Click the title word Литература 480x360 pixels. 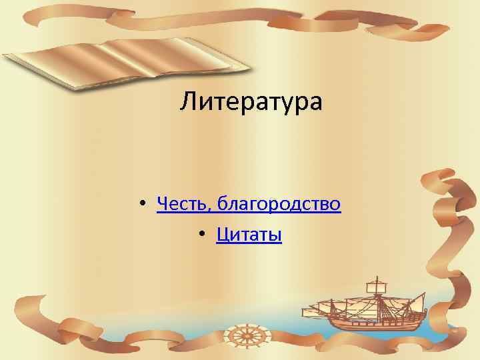click(x=251, y=102)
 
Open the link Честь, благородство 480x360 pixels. click(x=249, y=203)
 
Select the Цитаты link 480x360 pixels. click(x=249, y=235)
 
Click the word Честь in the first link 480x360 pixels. click(x=181, y=203)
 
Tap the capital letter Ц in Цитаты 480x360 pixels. click(x=221, y=235)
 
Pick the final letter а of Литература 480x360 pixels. click(x=314, y=104)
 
